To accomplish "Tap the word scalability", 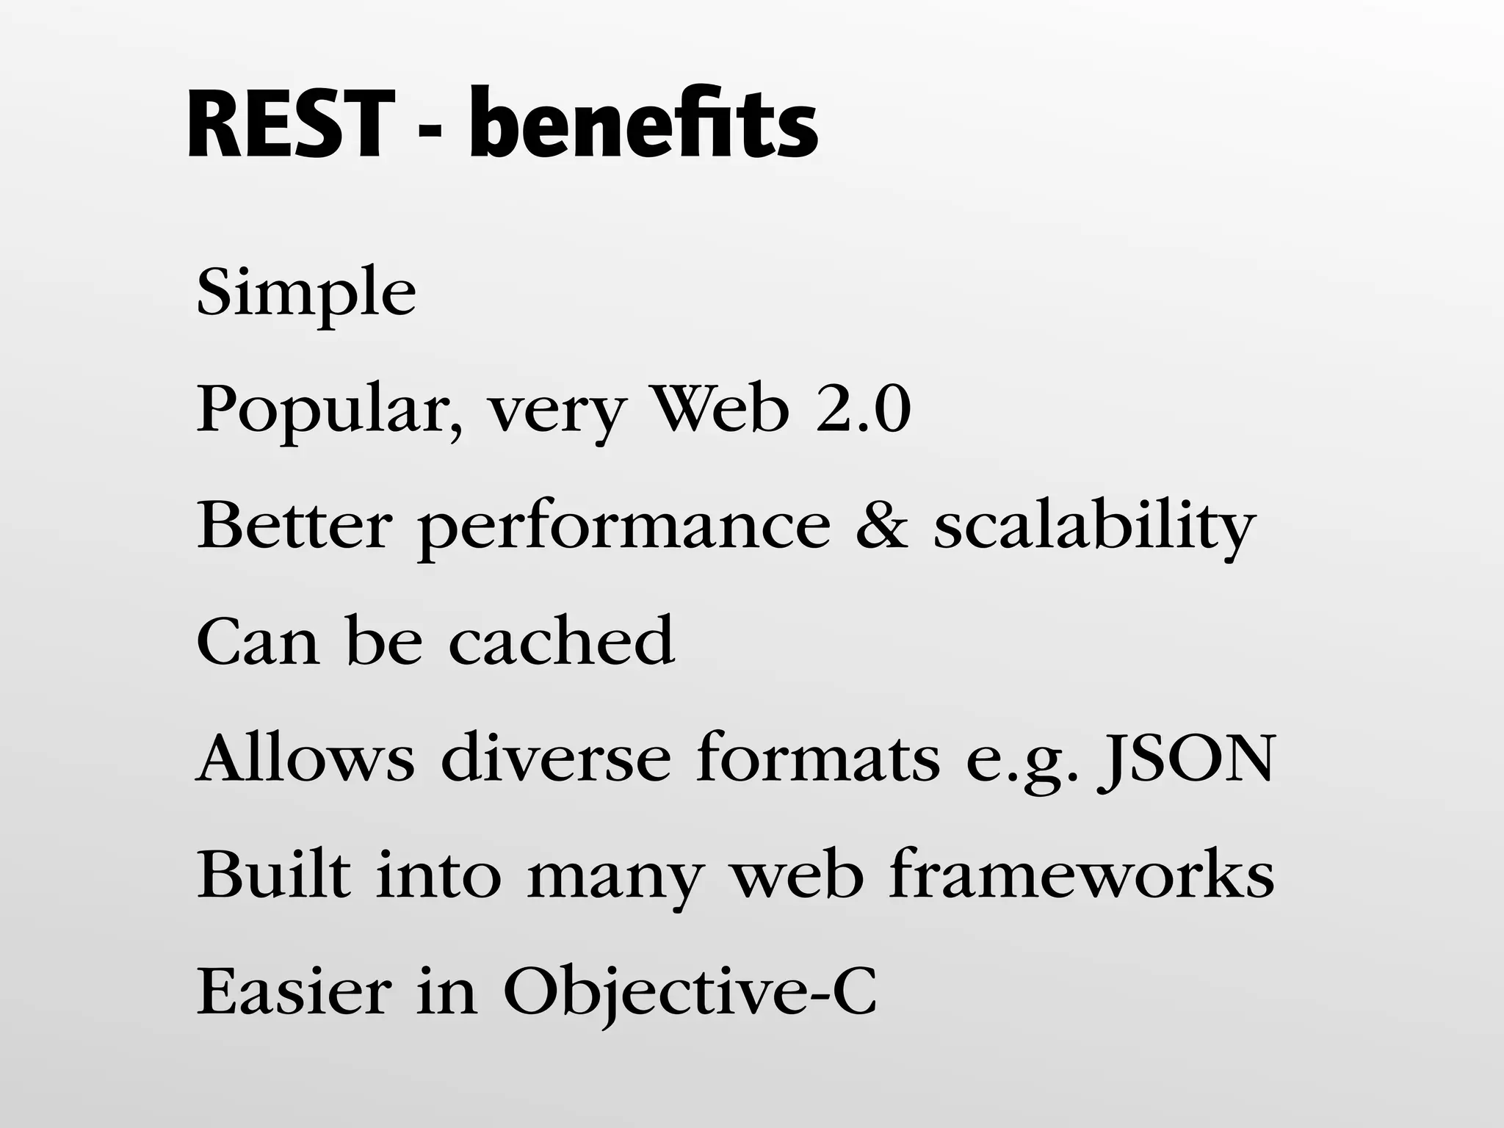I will tap(1094, 527).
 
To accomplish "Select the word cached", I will tap(561, 640).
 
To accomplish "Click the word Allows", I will tap(305, 758).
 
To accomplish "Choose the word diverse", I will tap(556, 758).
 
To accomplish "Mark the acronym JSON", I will tap(1185, 759).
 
